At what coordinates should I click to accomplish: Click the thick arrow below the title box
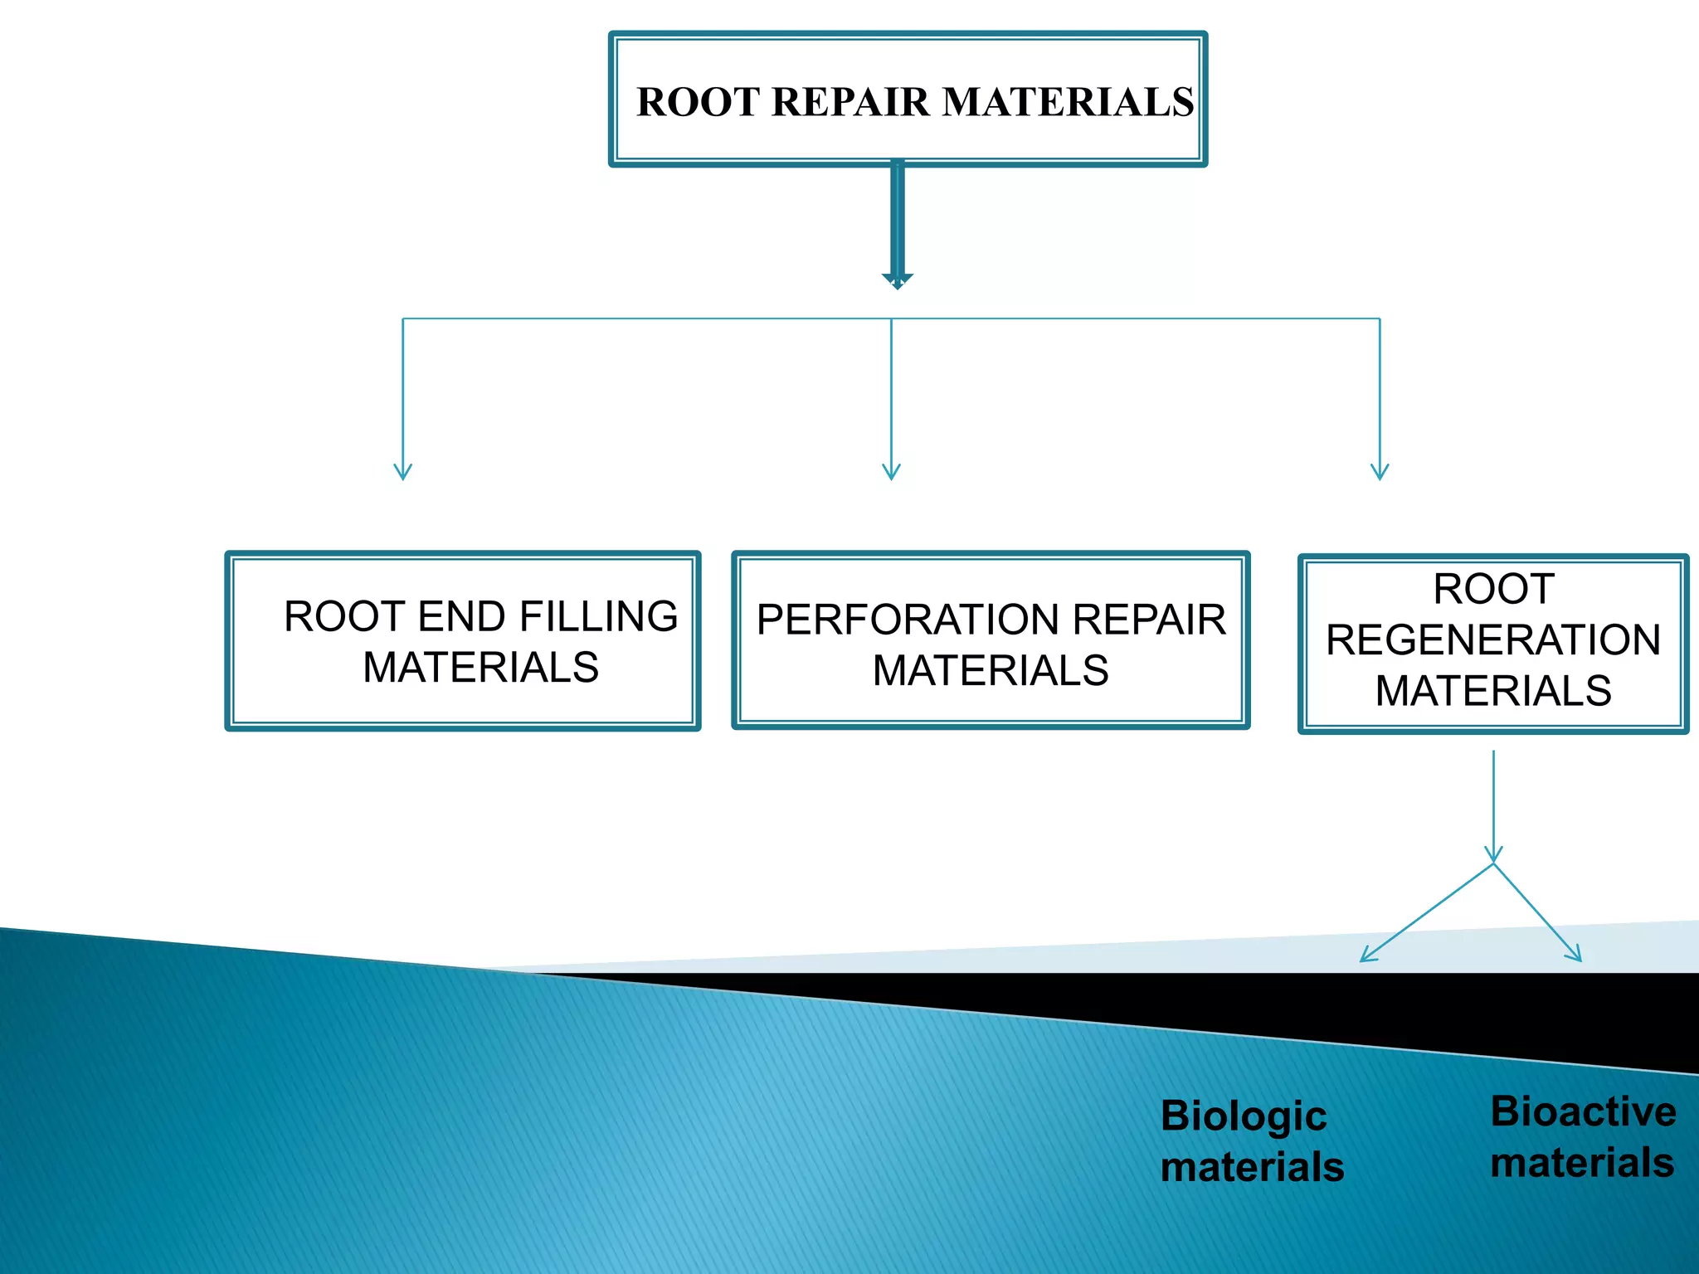(x=897, y=224)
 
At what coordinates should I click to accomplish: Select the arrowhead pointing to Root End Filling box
(x=403, y=472)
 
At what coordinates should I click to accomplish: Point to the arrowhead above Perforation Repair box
(x=891, y=472)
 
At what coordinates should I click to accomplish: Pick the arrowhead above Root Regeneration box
(x=1380, y=472)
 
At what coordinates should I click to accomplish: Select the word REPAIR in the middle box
(x=1149, y=620)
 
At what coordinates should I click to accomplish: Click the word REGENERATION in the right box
(x=1493, y=639)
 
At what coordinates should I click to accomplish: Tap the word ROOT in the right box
(x=1493, y=589)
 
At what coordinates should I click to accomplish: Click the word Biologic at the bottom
(x=1243, y=1116)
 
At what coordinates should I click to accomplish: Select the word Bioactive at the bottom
(x=1583, y=1111)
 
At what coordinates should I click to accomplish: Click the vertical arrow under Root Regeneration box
(x=1493, y=805)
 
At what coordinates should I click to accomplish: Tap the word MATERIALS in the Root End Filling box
(x=480, y=668)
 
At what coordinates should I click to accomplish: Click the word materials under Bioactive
(x=1582, y=1163)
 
